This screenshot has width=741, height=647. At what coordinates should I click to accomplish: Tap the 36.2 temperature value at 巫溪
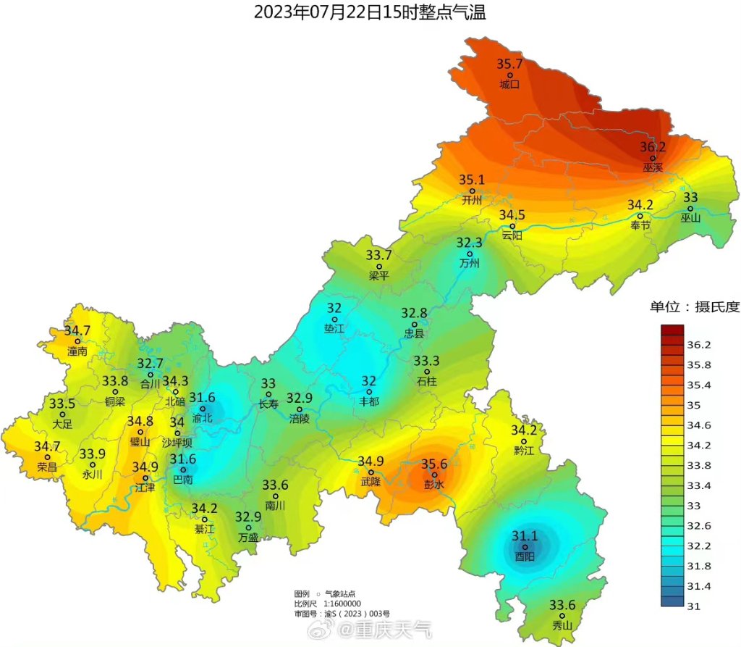[653, 147]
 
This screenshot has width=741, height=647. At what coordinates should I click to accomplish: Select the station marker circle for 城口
[510, 75]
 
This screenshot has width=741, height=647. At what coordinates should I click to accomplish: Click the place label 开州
[471, 201]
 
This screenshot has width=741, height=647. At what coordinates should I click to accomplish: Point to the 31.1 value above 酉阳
[525, 536]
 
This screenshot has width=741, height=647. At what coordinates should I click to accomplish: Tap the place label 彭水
[434, 485]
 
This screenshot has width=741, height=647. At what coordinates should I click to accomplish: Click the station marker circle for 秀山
[562, 615]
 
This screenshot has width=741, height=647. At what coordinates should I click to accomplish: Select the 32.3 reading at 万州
[469, 243]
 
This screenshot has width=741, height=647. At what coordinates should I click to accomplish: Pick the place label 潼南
[77, 351]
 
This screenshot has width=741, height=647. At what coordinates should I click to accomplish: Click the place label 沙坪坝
[177, 443]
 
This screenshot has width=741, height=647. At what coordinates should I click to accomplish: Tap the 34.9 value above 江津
[145, 467]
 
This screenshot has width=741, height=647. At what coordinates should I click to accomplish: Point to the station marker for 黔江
[524, 441]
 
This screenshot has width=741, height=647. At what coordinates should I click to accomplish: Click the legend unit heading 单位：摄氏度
[694, 307]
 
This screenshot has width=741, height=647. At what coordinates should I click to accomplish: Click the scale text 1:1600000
[343, 604]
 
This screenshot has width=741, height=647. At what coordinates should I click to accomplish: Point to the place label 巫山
[690, 218]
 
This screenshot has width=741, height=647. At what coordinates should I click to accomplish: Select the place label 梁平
[378, 276]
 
